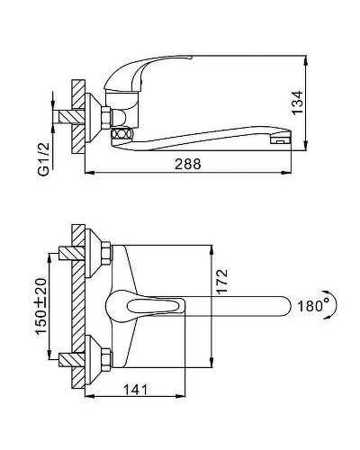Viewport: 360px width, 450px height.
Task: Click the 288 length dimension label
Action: click(x=188, y=164)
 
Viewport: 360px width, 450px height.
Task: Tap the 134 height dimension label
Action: click(x=298, y=103)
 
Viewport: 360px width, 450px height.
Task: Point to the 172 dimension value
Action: click(x=222, y=281)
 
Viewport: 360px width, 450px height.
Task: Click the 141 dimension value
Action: click(x=136, y=390)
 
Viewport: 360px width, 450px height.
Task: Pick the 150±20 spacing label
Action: click(x=41, y=306)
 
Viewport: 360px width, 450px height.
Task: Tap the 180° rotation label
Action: click(x=313, y=306)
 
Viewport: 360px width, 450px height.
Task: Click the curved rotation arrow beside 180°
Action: click(x=334, y=305)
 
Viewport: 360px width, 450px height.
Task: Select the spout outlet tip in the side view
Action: click(x=281, y=139)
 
